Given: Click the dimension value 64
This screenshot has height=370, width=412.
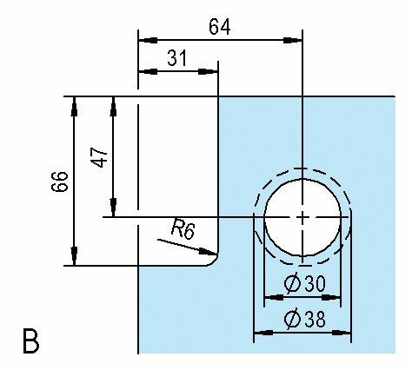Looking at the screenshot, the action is click(220, 27).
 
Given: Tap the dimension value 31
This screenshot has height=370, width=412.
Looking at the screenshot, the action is click(177, 58).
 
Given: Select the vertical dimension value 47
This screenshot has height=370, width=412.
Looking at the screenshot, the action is click(99, 157).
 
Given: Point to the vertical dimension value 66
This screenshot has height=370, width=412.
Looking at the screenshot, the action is click(60, 182).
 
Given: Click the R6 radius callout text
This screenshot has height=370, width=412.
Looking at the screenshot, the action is click(183, 228).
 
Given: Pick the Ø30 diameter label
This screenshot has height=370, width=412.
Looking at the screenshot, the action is click(305, 283).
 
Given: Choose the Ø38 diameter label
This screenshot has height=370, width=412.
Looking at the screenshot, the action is click(305, 319).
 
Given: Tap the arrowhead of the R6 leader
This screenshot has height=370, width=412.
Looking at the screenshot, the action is click(208, 252).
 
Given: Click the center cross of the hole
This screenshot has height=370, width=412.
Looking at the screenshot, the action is click(302, 217).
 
